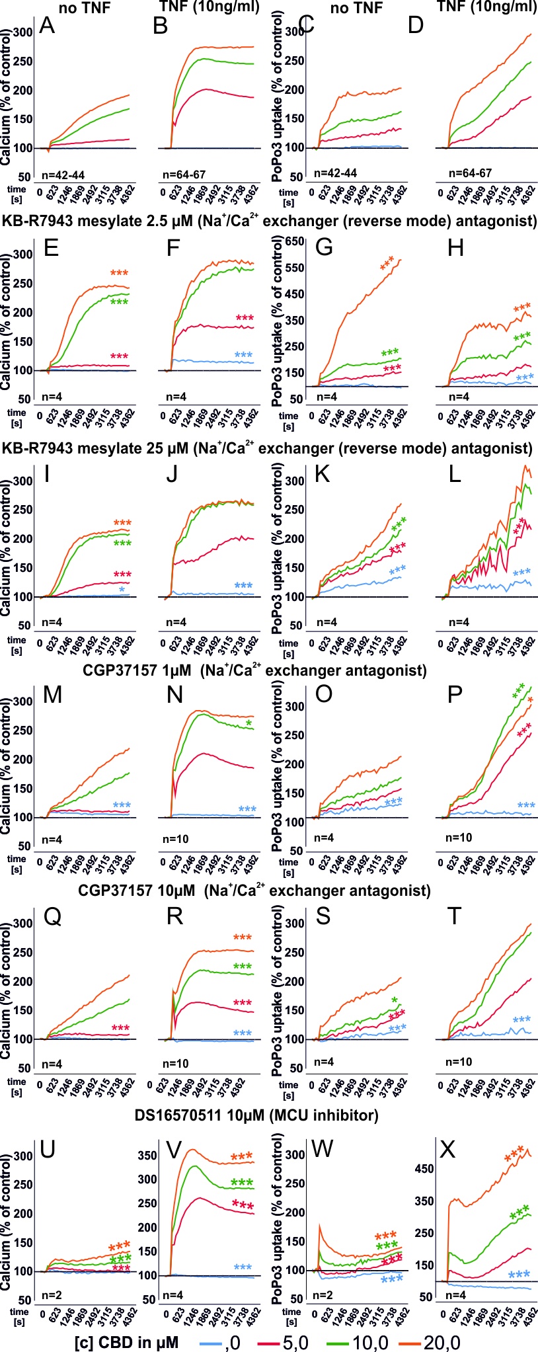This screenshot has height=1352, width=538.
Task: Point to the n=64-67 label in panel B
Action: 184,175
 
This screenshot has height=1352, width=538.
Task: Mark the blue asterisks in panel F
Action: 243,356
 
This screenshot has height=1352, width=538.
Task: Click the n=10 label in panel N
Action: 175,839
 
